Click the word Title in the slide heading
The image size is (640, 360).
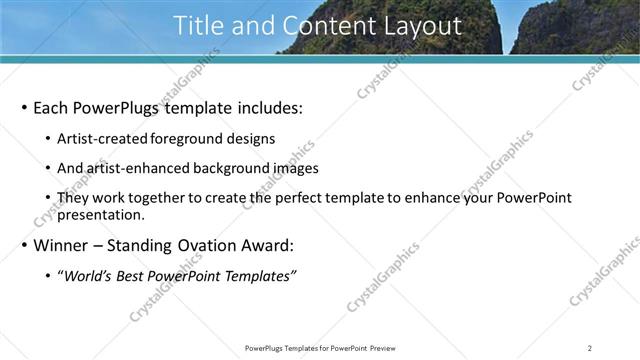(x=199, y=26)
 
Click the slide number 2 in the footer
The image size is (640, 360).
(x=590, y=348)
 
